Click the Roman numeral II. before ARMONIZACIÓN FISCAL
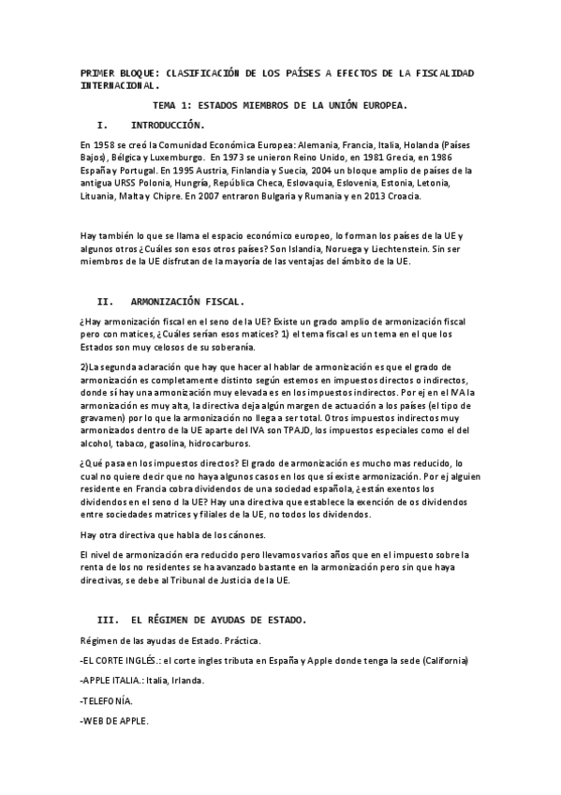tap(105, 302)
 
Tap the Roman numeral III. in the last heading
tap(109, 621)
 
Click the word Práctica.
tap(240, 640)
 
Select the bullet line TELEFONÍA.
tap(107, 701)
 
